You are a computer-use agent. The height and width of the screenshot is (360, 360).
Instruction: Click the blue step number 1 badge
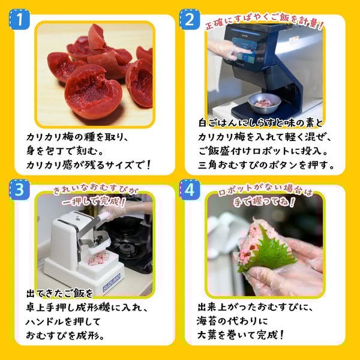(20, 20)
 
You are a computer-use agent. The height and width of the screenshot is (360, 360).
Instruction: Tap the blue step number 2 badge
(190, 20)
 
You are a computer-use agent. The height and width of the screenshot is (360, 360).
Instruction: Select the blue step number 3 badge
(20, 190)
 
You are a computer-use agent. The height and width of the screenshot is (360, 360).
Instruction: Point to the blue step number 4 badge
(190, 190)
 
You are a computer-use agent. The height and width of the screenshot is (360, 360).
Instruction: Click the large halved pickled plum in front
(93, 91)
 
